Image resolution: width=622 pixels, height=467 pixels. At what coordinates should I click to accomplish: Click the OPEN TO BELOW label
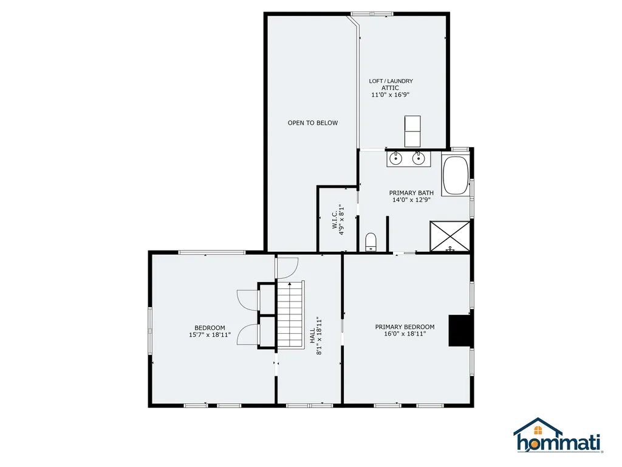(312, 123)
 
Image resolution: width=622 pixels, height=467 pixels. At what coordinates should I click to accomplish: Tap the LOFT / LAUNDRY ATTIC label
(391, 85)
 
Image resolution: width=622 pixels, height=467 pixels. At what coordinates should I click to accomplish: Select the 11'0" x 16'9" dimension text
(391, 95)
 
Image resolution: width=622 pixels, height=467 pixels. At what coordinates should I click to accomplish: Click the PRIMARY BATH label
(412, 193)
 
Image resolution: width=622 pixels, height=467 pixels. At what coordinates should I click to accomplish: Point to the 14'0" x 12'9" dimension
(412, 200)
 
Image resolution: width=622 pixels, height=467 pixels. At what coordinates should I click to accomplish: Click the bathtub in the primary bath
(455, 176)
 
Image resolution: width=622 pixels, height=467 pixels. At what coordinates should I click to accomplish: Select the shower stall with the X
(450, 237)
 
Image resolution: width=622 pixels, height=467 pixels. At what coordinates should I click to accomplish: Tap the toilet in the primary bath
(372, 241)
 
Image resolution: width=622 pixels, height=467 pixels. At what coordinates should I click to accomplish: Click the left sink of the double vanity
(395, 159)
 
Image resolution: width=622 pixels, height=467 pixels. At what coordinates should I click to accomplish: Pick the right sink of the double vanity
(418, 159)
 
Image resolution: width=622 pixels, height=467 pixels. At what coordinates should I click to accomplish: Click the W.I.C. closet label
(334, 220)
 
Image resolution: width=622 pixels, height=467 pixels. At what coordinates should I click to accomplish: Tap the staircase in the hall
(290, 314)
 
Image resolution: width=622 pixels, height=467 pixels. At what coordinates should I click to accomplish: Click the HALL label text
(312, 334)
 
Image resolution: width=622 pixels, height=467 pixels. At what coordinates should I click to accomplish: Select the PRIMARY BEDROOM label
(405, 327)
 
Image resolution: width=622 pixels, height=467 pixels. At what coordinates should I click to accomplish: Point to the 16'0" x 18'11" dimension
(405, 334)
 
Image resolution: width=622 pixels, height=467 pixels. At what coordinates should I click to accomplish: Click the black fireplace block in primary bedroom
(459, 330)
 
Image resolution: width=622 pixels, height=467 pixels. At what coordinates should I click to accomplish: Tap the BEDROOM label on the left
(210, 328)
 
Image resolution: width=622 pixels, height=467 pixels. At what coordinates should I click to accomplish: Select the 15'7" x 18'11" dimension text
(210, 335)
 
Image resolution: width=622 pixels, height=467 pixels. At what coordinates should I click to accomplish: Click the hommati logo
(557, 436)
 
